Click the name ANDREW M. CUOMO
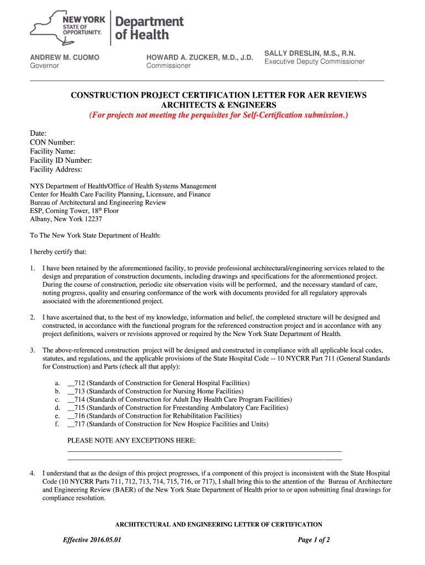(x=65, y=57)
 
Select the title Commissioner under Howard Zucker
(x=168, y=66)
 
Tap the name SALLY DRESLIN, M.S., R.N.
(x=310, y=53)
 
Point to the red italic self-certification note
(x=219, y=115)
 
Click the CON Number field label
(x=52, y=142)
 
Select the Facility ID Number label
(x=61, y=161)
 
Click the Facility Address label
(x=56, y=169)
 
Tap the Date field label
(x=38, y=134)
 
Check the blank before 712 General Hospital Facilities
(x=70, y=383)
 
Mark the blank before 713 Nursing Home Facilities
(x=70, y=391)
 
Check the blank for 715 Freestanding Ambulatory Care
(x=70, y=408)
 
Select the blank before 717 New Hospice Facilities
(x=70, y=424)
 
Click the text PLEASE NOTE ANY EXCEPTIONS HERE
(x=131, y=441)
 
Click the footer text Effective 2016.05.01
(x=92, y=540)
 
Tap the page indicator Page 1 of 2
(x=314, y=540)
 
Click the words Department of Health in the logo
(x=148, y=28)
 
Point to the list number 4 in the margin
(x=33, y=473)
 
